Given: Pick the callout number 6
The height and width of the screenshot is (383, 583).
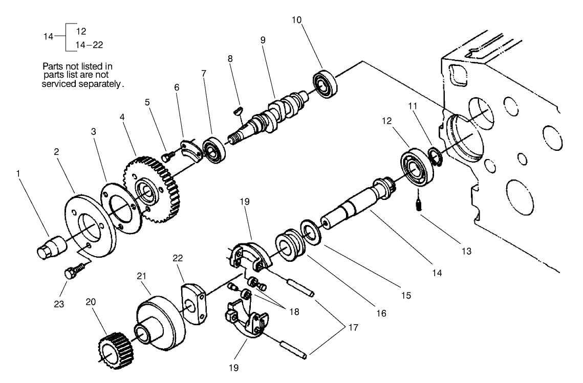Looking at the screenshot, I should (x=177, y=87).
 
